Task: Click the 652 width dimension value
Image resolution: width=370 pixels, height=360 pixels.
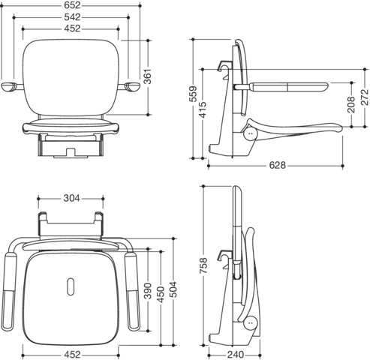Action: pyautogui.click(x=72, y=5)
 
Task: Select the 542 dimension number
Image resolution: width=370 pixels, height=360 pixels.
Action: pyautogui.click(x=72, y=17)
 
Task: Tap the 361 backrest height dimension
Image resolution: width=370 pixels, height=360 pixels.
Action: pyautogui.click(x=148, y=76)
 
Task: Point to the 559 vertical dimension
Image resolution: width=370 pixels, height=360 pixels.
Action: pyautogui.click(x=193, y=94)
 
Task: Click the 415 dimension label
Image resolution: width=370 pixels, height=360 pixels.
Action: pyautogui.click(x=203, y=109)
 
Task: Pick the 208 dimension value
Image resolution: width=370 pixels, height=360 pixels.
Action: pyautogui.click(x=351, y=104)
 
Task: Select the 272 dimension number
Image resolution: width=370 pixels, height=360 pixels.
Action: pyautogui.click(x=365, y=97)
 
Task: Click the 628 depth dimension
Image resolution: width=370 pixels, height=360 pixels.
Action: pyautogui.click(x=277, y=165)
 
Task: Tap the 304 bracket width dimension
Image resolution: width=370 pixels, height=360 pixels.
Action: pyautogui.click(x=71, y=198)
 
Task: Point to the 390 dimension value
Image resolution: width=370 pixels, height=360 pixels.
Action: pyautogui.click(x=148, y=291)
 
